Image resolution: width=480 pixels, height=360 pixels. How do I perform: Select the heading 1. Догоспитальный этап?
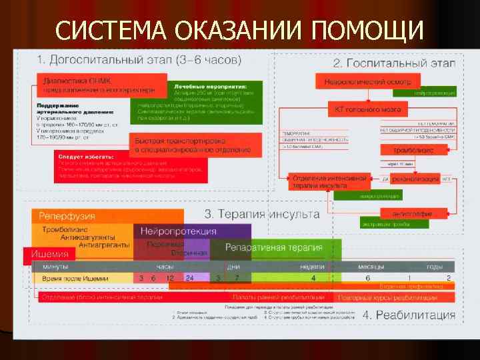139,59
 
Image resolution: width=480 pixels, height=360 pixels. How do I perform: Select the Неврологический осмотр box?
371,81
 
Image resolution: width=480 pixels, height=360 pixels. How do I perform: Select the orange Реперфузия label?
67,216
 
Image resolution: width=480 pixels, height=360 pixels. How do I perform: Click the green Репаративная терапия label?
273,247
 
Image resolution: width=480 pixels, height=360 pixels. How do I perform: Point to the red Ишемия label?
47,254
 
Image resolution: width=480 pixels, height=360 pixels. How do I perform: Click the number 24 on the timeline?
190,277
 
